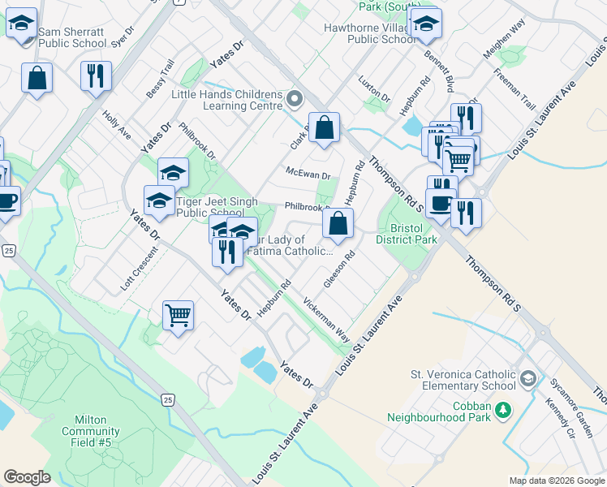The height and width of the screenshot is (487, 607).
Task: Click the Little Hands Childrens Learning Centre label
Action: (226, 100)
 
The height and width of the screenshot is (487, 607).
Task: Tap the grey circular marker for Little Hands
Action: (295, 100)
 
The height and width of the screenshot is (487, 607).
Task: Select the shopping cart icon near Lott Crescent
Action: (179, 314)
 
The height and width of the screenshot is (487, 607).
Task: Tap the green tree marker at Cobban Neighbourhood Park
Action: (504, 409)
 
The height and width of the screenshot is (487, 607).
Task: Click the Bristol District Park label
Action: (413, 234)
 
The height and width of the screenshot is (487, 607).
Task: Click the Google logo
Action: (27, 477)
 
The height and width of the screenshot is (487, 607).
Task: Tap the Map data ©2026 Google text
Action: (555, 481)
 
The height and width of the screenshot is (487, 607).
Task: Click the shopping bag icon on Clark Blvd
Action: (324, 127)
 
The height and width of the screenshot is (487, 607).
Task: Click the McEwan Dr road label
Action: (308, 173)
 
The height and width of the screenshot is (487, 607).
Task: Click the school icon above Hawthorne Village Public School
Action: (425, 24)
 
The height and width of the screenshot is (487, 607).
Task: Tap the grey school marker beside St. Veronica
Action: (528, 379)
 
